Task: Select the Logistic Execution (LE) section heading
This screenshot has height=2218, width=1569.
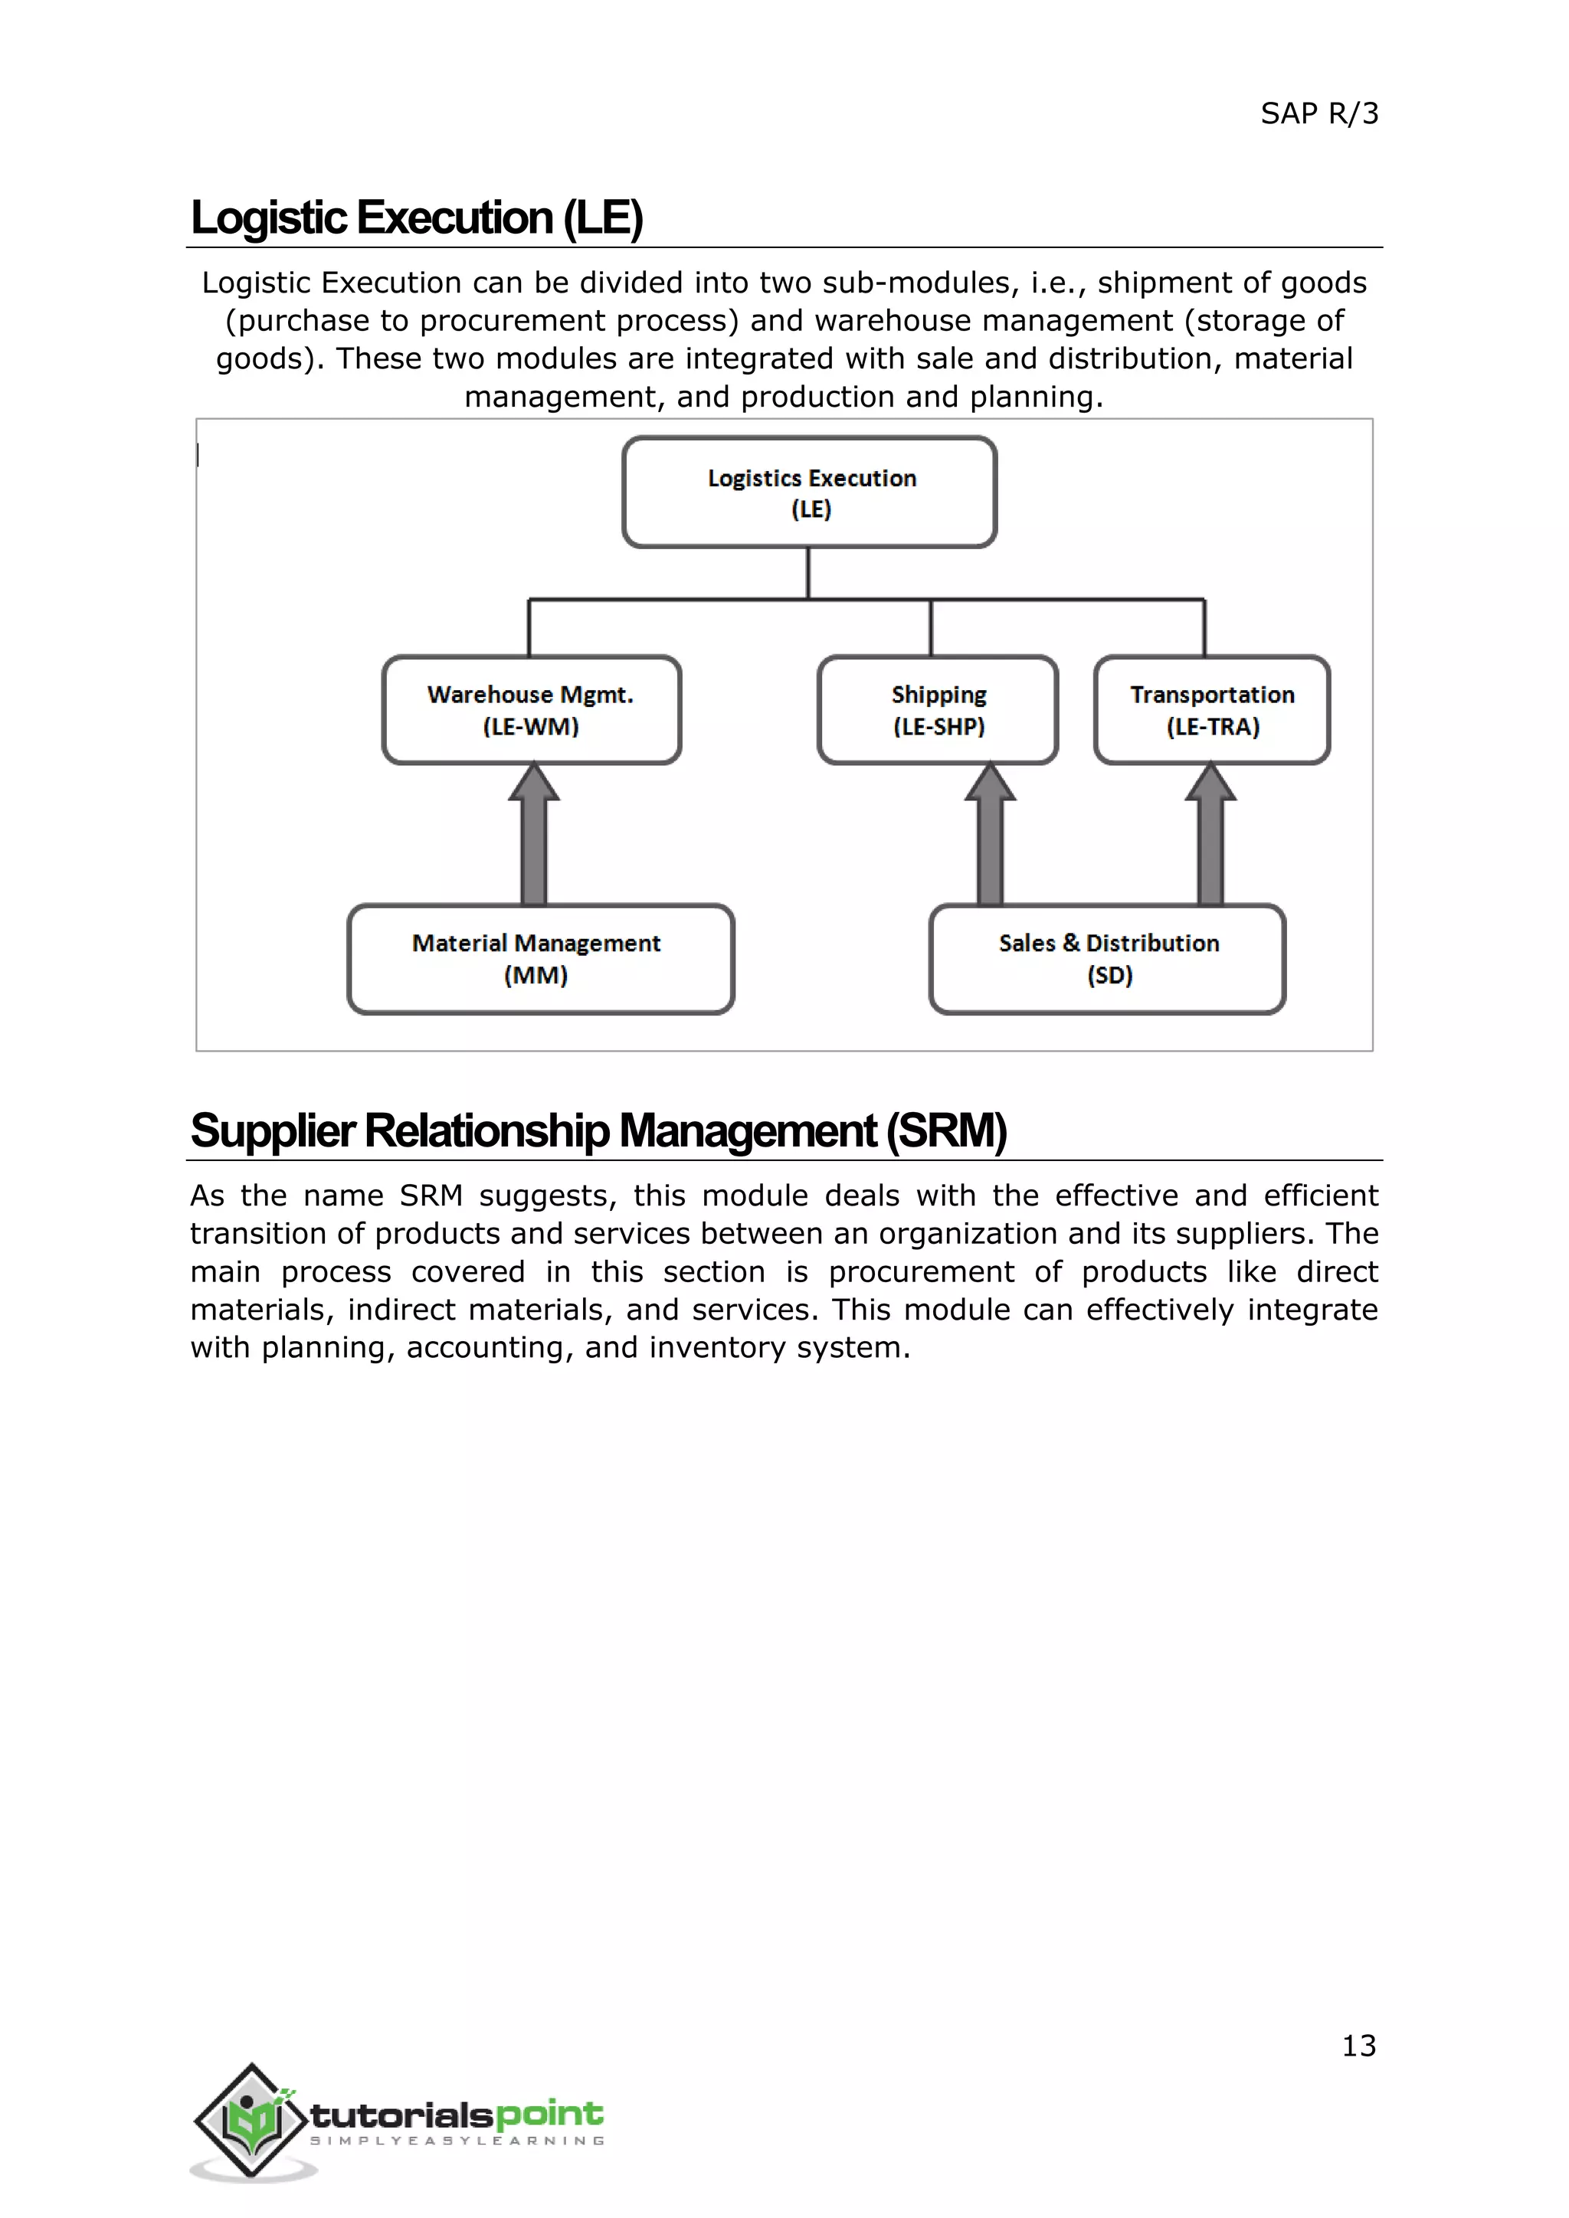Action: point(417,218)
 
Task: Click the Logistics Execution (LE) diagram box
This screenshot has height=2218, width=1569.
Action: point(810,492)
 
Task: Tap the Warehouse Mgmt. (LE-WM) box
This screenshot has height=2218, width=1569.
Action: point(532,710)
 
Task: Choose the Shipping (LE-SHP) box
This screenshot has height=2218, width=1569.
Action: point(938,710)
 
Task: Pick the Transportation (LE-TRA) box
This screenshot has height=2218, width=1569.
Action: point(1211,710)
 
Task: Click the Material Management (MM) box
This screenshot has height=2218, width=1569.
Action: point(540,958)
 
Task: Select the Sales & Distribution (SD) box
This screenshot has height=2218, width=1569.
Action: point(1107,958)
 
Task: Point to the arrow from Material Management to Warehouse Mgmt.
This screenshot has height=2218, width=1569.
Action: point(533,836)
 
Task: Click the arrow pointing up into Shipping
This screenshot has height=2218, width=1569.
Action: point(989,836)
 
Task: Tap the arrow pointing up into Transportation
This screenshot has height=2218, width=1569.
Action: point(1210,836)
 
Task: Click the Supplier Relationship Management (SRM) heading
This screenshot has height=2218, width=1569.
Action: point(598,1131)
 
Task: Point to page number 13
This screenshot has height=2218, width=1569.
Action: point(1358,2045)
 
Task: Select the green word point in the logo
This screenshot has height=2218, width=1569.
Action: point(550,2115)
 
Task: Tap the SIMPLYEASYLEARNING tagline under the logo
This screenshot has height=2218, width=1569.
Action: point(457,2141)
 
